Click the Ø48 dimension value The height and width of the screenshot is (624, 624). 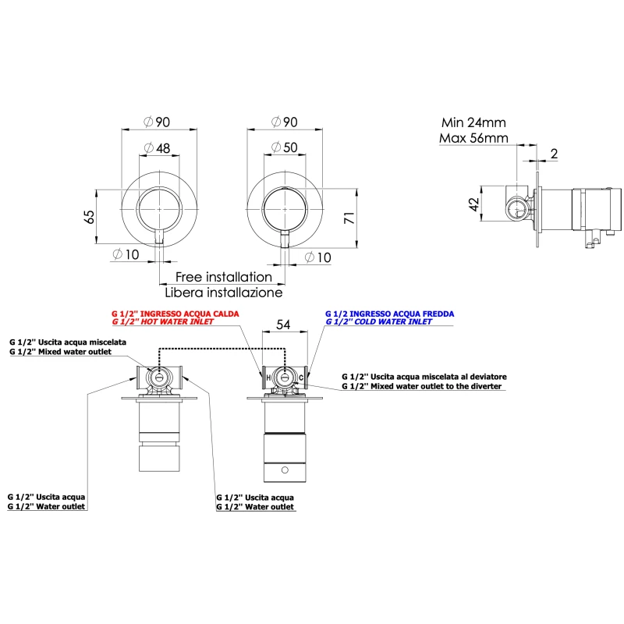click(158, 148)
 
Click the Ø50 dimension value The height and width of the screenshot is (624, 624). click(285, 147)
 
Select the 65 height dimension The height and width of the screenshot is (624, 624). click(90, 217)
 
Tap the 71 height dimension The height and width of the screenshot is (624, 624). click(349, 218)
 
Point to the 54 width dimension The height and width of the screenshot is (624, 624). click(283, 324)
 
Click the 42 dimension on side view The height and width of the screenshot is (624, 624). click(473, 204)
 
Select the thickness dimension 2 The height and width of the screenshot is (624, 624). click(554, 154)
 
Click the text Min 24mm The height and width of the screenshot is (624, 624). click(473, 122)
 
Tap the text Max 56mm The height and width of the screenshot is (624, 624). click(473, 138)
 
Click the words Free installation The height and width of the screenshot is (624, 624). click(224, 277)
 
